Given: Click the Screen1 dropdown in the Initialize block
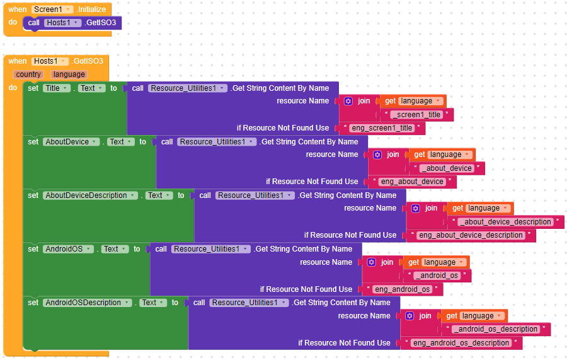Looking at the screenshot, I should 52,9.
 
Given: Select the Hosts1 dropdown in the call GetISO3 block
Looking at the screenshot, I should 63,23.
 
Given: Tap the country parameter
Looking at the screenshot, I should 28,74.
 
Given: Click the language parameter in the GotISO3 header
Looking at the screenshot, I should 68,74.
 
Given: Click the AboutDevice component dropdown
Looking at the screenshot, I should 71,142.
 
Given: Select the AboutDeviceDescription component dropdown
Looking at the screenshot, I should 90,195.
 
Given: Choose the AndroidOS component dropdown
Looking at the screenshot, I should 68,249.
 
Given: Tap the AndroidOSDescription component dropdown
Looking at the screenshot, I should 87,303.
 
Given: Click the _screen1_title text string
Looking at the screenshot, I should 418,115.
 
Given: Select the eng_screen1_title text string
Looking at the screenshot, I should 382,128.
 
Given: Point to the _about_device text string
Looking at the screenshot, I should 447,168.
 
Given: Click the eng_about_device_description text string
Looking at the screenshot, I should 471,235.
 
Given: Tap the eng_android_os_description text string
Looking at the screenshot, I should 460,343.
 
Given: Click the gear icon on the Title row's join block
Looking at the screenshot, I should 348,101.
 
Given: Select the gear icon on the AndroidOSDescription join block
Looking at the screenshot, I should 409,316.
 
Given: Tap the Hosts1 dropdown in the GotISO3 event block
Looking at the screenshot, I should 49,61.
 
